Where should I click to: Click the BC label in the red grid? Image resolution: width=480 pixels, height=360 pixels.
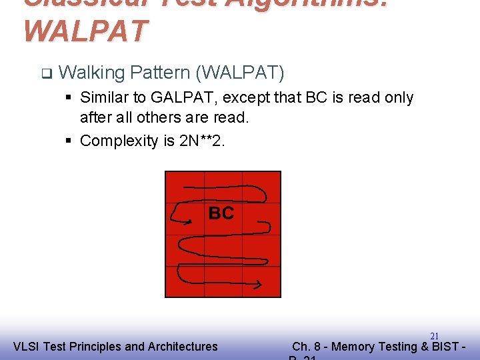(221, 213)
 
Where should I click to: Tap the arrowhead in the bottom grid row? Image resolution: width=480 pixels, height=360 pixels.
(259, 286)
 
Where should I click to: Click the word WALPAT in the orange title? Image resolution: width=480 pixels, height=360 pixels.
(85, 31)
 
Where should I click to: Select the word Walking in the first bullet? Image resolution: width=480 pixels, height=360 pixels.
(92, 71)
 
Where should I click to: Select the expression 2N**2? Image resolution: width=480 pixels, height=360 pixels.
(203, 141)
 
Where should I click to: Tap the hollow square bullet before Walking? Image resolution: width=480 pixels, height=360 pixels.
(45, 72)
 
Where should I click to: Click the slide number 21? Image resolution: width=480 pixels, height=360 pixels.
(434, 336)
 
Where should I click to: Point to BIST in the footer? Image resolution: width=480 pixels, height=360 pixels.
(447, 347)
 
